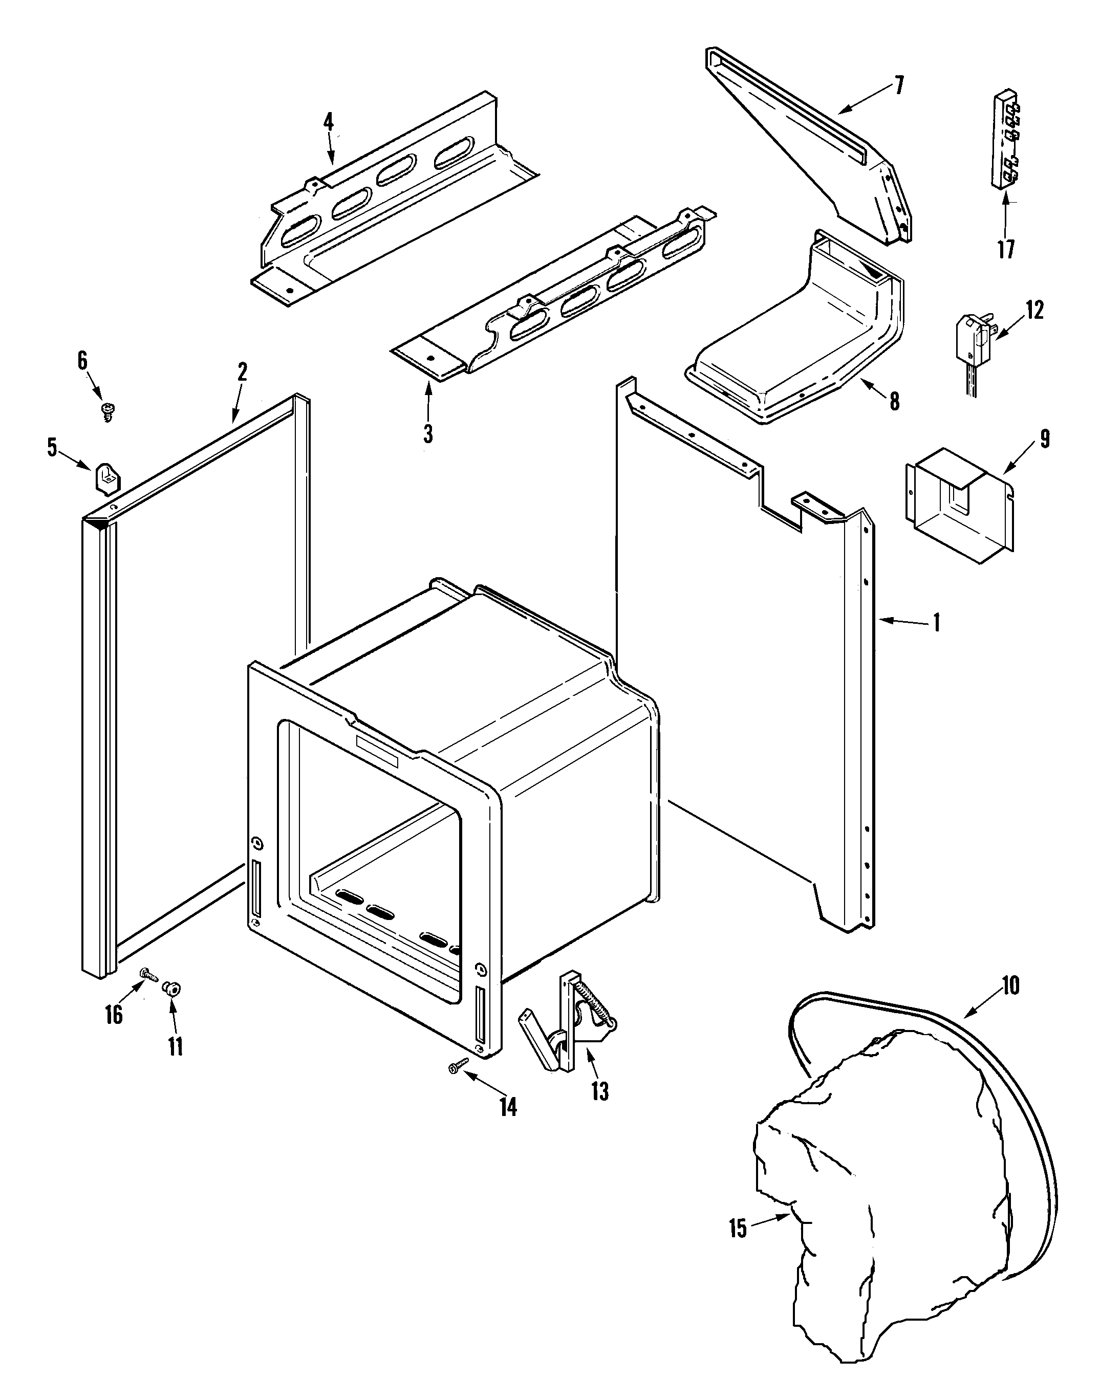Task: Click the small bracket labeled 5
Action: click(x=107, y=478)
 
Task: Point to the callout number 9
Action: click(x=1044, y=439)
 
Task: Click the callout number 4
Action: click(x=328, y=122)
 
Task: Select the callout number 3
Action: click(x=428, y=434)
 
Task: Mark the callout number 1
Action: click(x=936, y=623)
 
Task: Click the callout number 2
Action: click(x=242, y=372)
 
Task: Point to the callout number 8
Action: click(x=894, y=402)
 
